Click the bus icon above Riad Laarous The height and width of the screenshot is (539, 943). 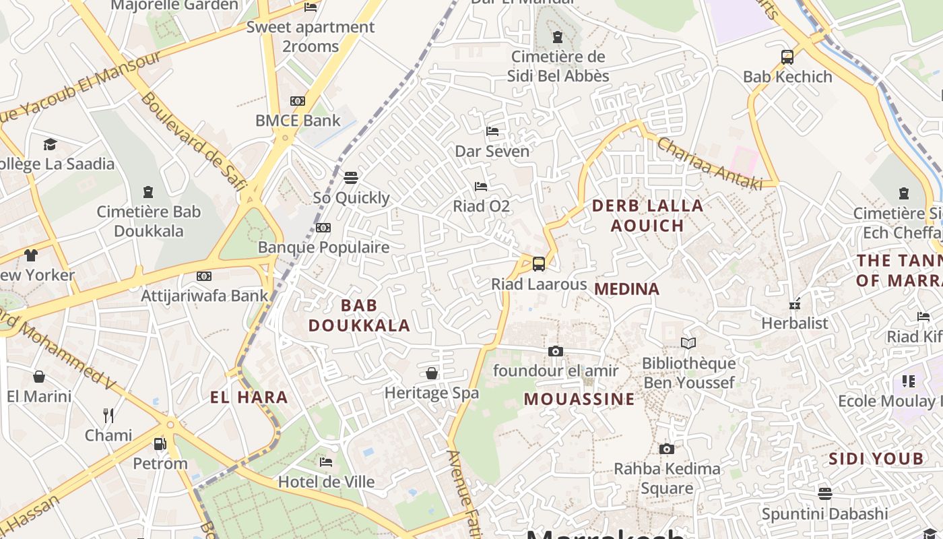coord(538,263)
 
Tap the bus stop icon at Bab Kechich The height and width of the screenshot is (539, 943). coord(787,57)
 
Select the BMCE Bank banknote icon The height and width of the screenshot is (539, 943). coord(297,101)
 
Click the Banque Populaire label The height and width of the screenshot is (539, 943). coord(323,247)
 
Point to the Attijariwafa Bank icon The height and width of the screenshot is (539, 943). coord(203,276)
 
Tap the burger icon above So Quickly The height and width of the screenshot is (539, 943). coord(350,178)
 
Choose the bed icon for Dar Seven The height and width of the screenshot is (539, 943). coord(492,131)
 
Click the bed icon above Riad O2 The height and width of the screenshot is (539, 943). coord(480,186)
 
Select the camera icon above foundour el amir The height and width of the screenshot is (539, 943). coord(555,351)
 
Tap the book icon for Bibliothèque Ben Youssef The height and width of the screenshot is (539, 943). coord(688,344)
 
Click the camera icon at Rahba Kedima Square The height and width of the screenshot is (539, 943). coord(666,449)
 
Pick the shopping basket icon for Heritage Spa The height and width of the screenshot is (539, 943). coord(432,373)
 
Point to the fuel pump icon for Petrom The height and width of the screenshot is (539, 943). coord(160,443)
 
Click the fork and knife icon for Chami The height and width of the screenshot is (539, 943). coord(108,415)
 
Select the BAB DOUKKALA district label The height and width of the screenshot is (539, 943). coord(359,315)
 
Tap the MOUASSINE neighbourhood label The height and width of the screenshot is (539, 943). coord(579,399)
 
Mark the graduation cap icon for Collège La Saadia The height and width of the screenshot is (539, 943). coord(50,144)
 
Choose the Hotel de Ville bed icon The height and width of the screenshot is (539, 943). coord(326,462)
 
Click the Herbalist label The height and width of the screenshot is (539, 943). coord(794,323)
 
